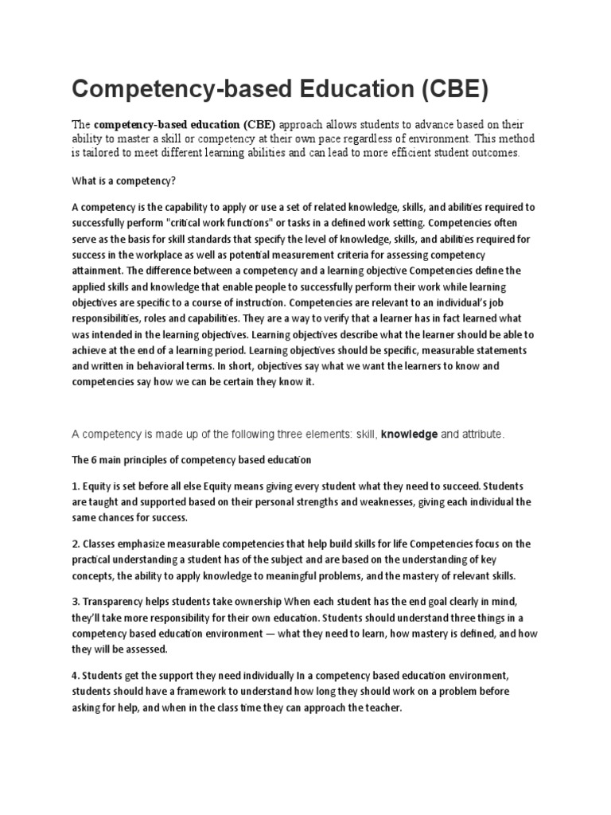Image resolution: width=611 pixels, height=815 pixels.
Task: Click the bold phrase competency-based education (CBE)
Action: (185, 125)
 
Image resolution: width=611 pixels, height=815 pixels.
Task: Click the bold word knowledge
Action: (409, 434)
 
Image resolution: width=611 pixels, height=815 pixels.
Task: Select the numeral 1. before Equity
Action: (77, 485)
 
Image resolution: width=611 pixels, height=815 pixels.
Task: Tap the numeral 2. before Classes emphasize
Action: (77, 544)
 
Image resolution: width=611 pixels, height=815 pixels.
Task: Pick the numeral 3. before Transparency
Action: (77, 602)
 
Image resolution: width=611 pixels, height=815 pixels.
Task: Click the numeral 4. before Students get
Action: (77, 675)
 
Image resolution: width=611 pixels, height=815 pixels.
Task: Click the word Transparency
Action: (118, 602)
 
